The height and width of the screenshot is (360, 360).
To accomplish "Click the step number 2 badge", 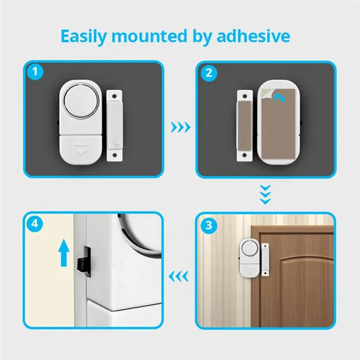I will (x=208, y=72).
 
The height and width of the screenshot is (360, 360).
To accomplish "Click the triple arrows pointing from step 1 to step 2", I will (x=180, y=127).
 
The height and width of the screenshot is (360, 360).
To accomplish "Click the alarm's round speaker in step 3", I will (x=248, y=247).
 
